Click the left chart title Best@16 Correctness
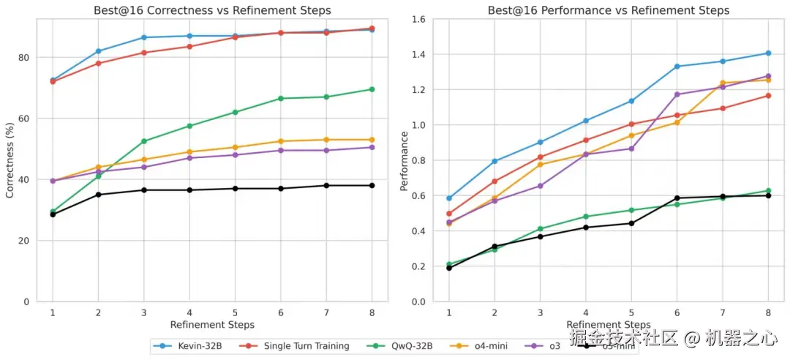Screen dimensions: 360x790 tap(212, 10)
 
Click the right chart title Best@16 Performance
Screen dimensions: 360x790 tap(608, 10)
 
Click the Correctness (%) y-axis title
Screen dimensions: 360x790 tap(10, 160)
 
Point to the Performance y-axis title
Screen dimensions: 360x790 tap(405, 160)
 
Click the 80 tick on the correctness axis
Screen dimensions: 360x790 tap(24, 57)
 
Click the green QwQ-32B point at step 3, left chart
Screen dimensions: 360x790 tap(144, 141)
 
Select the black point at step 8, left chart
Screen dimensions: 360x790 tap(372, 185)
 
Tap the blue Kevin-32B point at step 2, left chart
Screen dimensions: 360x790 tap(98, 51)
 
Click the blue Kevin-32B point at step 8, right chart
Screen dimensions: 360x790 tap(768, 53)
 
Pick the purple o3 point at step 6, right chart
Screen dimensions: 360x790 tap(677, 94)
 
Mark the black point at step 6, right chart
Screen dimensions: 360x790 tap(677, 198)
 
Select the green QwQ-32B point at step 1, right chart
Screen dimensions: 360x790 tap(449, 264)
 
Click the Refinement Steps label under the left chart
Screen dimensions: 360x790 tap(212, 324)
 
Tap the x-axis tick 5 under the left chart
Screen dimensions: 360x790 tap(235, 312)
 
